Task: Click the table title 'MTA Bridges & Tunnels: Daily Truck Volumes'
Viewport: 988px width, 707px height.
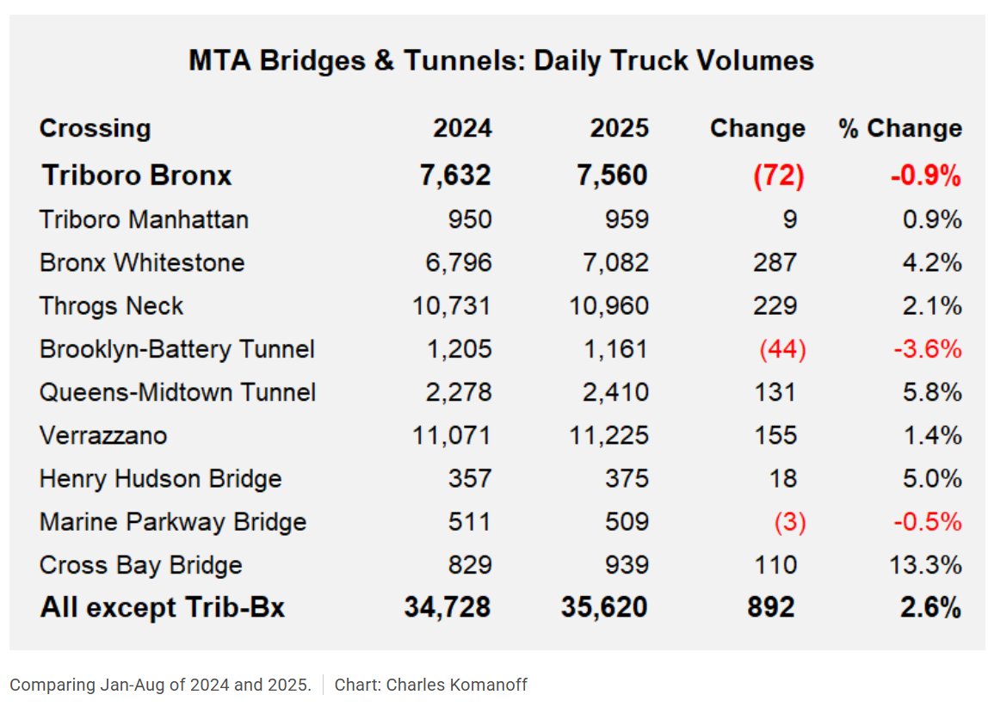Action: (x=501, y=61)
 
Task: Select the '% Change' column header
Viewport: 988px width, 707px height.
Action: (x=899, y=129)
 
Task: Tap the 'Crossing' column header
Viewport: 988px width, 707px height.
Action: (x=95, y=129)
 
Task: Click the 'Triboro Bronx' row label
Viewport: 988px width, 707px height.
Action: (x=137, y=175)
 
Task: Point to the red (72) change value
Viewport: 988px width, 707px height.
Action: (x=778, y=175)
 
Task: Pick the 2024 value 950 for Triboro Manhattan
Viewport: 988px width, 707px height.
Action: (x=469, y=219)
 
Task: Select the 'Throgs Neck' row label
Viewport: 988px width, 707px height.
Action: (x=111, y=305)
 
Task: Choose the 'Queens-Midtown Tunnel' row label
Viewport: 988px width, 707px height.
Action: (x=177, y=392)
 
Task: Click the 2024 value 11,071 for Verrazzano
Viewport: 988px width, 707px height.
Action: (x=453, y=435)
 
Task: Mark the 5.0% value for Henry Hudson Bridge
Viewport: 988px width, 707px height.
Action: (x=932, y=478)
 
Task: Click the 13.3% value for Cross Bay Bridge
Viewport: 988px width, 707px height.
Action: (x=925, y=565)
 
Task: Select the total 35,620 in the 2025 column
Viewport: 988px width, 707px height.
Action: (x=604, y=608)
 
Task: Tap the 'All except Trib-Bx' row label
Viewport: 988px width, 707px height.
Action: (x=162, y=608)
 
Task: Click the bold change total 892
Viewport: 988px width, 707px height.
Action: (x=771, y=608)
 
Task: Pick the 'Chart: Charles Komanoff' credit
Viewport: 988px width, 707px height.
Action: (x=430, y=685)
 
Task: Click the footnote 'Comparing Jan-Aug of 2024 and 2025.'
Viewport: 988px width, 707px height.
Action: (x=160, y=685)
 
